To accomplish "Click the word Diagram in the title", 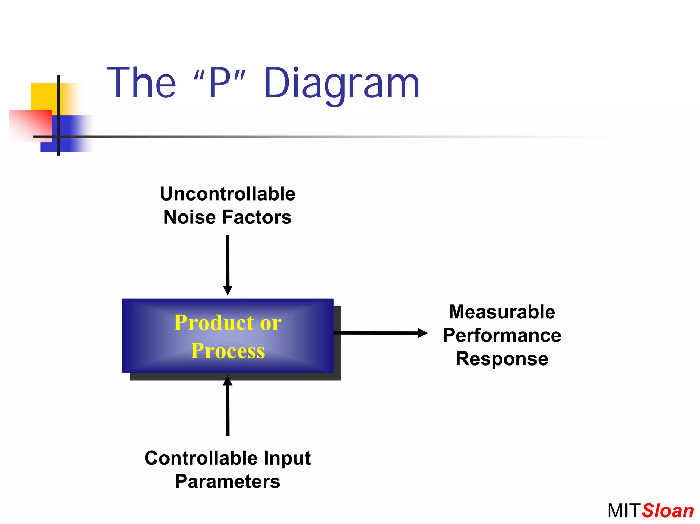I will [x=341, y=84].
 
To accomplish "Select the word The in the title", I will [x=141, y=83].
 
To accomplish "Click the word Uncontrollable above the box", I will [x=228, y=194].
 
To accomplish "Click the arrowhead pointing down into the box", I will [x=228, y=290].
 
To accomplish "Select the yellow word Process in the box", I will [x=228, y=351].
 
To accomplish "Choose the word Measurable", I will [x=502, y=312].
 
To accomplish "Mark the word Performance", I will [x=502, y=335].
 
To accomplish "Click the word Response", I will [x=502, y=359].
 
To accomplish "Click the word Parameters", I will [x=228, y=482].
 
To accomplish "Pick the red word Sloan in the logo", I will [x=668, y=511].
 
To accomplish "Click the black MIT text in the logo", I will [x=623, y=511].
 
